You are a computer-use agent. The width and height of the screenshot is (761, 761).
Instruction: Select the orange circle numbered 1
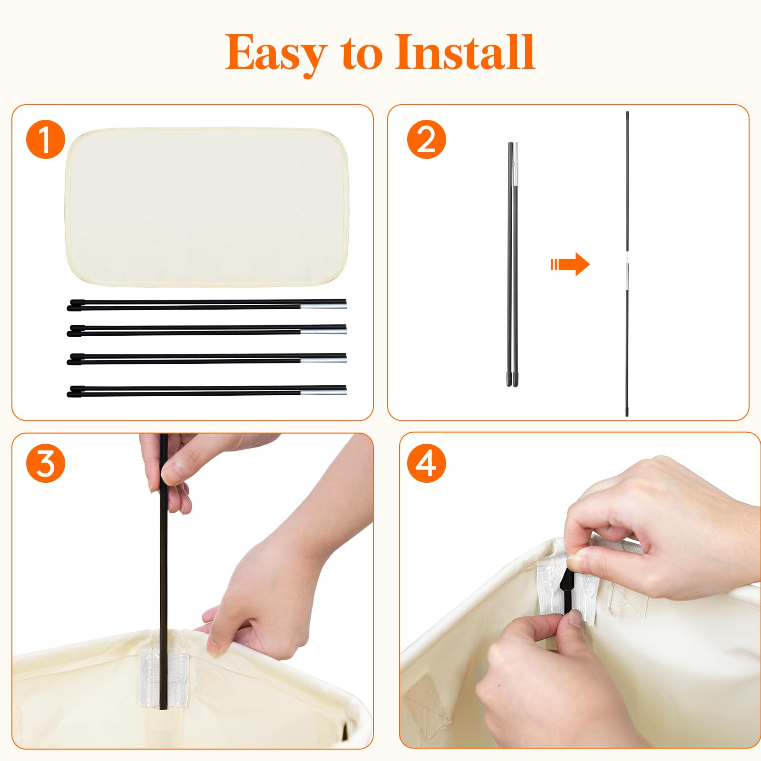pos(45,139)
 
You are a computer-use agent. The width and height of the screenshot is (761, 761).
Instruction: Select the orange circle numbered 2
pos(426,139)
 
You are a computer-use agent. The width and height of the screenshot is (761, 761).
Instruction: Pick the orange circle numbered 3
pos(45,464)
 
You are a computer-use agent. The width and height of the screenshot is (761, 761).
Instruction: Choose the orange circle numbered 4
pos(426,464)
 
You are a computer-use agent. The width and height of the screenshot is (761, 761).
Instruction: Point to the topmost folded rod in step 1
pos(207,304)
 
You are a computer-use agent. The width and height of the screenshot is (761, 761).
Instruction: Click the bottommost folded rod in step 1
pos(207,391)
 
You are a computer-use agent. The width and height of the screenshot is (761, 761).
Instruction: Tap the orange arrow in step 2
pos(570,264)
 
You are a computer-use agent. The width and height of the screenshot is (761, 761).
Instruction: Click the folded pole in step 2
pos(512,264)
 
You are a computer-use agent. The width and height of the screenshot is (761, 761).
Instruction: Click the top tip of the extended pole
pos(627,112)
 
